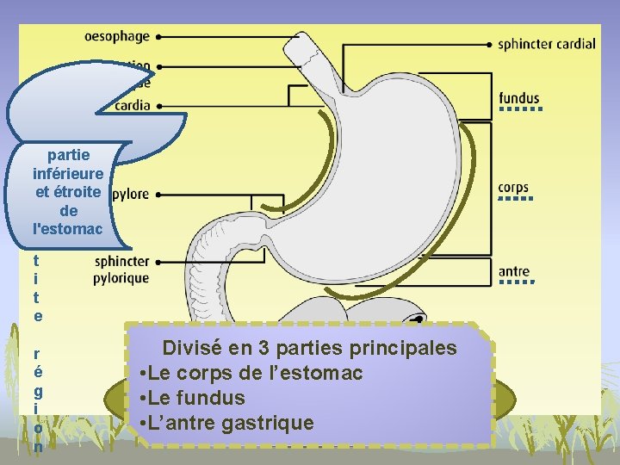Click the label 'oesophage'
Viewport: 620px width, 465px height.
(x=117, y=36)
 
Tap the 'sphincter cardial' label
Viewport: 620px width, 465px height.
(x=546, y=44)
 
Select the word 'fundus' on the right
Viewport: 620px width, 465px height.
(x=519, y=98)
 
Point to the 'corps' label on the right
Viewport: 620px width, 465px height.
(x=513, y=188)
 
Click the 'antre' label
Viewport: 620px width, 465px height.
(x=514, y=272)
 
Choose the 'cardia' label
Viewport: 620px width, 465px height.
(x=132, y=106)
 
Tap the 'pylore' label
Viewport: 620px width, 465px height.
(x=130, y=195)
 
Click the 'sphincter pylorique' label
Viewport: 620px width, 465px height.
(x=121, y=270)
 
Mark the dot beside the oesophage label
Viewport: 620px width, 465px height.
(x=160, y=37)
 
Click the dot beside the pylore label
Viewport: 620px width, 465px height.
(x=160, y=195)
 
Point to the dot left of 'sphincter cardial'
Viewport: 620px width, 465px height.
(x=490, y=44)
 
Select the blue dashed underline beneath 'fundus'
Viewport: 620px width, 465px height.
(x=519, y=110)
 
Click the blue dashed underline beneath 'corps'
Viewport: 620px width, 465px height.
(x=513, y=200)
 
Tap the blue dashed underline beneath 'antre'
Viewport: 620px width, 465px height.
(x=514, y=282)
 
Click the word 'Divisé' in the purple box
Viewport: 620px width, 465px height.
(x=190, y=349)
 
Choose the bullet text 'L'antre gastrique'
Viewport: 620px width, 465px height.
(x=231, y=423)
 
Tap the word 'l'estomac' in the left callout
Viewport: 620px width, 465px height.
(x=67, y=229)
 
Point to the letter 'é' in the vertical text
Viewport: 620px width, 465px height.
(x=37, y=372)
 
